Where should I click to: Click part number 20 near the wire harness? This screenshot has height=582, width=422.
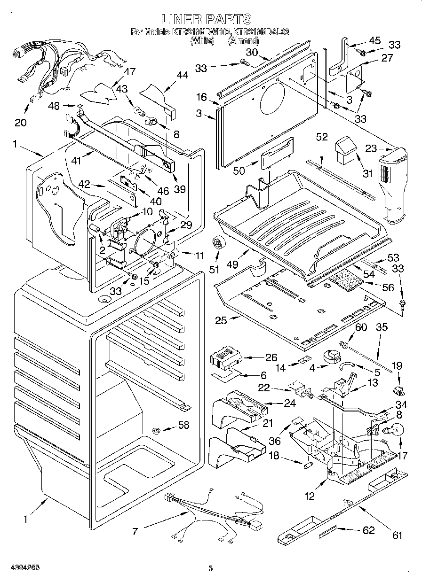(x=20, y=123)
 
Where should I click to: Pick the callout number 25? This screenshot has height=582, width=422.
(x=221, y=321)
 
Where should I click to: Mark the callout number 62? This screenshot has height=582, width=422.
(x=368, y=530)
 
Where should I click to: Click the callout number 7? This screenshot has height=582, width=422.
(x=135, y=531)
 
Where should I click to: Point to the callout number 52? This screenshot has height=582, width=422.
(x=322, y=137)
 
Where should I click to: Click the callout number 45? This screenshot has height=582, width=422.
(x=374, y=40)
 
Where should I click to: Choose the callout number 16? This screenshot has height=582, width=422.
(x=201, y=97)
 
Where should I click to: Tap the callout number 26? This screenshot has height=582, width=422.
(x=271, y=357)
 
